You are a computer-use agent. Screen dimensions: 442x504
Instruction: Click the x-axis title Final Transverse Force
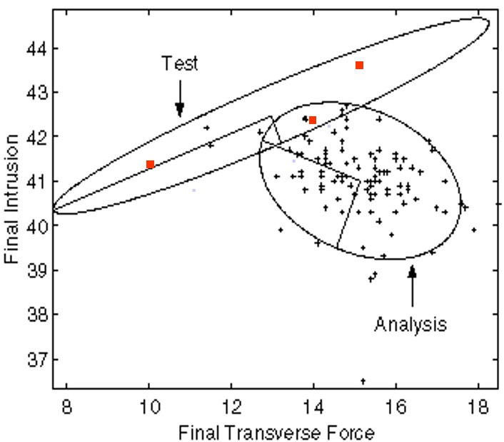272,431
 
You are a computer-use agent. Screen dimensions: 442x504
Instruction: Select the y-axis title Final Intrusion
11,202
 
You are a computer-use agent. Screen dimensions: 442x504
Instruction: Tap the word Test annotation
179,63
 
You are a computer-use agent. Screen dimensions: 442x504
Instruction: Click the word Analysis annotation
410,324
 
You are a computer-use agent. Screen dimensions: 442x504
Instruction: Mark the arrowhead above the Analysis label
412,271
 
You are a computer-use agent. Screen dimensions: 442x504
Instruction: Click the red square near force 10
151,165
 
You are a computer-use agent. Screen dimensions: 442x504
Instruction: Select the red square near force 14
313,120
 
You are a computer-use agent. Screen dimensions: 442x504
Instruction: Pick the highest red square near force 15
359,66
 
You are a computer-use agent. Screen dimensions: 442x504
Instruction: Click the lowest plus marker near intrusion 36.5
363,381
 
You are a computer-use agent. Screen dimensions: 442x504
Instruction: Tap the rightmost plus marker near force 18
474,230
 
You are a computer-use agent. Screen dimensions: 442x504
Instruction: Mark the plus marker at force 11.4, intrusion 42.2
207,128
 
